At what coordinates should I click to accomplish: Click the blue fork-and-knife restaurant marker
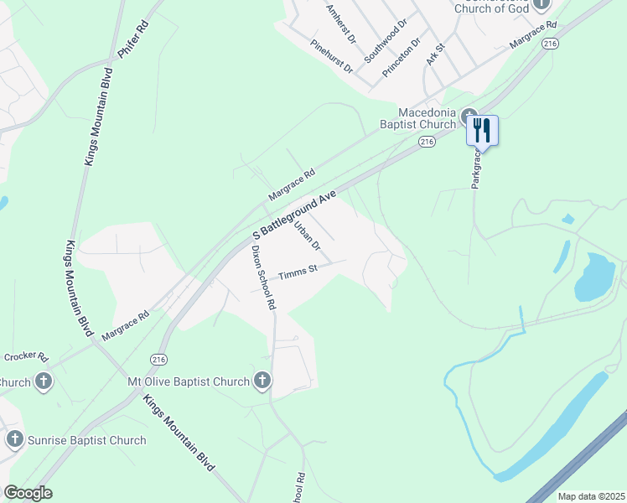tap(482, 130)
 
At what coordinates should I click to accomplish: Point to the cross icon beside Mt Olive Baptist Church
tap(262, 381)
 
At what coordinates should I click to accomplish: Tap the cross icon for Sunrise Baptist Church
tap(15, 439)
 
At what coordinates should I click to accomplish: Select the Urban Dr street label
tap(307, 234)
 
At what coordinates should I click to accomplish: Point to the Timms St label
tap(298, 271)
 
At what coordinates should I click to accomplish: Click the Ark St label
tap(433, 54)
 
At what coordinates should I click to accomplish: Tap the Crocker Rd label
tap(26, 356)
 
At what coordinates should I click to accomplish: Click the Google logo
tap(28, 493)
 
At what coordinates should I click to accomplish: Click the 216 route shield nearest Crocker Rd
tap(160, 359)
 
